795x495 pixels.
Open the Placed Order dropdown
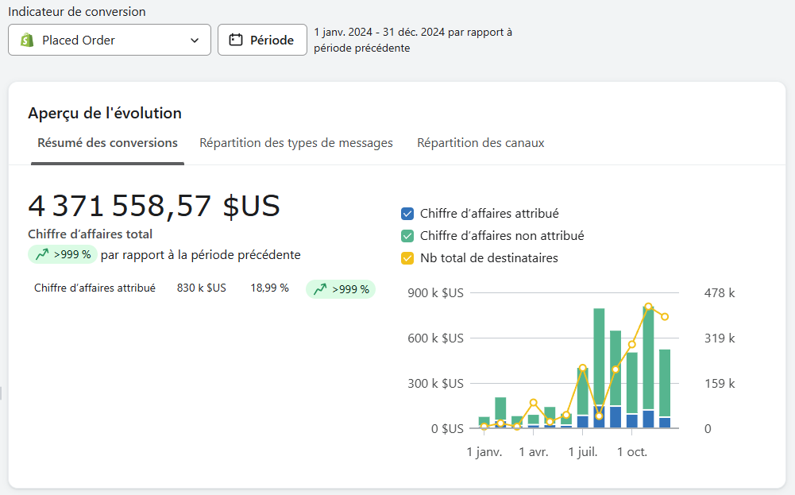tap(110, 40)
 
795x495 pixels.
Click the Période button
tap(262, 40)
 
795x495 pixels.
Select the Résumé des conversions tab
tap(107, 143)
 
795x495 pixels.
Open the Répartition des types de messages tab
tap(296, 143)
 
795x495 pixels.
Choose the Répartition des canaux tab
tap(480, 143)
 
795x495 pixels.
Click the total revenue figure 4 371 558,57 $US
tap(154, 206)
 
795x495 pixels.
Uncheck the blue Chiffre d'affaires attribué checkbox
tap(407, 214)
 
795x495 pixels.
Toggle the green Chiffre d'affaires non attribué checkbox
tap(407, 236)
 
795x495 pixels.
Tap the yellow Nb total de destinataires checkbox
tap(407, 258)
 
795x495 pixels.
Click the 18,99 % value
tap(269, 288)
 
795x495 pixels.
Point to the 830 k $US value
tap(201, 288)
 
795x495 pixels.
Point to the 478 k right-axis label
tap(720, 293)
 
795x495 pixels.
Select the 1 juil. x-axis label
tap(583, 452)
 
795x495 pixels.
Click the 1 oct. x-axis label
tap(632, 452)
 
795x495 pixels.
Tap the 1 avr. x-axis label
tap(534, 452)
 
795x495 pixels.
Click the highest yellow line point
tap(649, 307)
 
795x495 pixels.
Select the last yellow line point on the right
tap(665, 317)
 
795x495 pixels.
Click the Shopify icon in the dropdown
tap(27, 40)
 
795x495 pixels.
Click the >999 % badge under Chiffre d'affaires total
tap(63, 255)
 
